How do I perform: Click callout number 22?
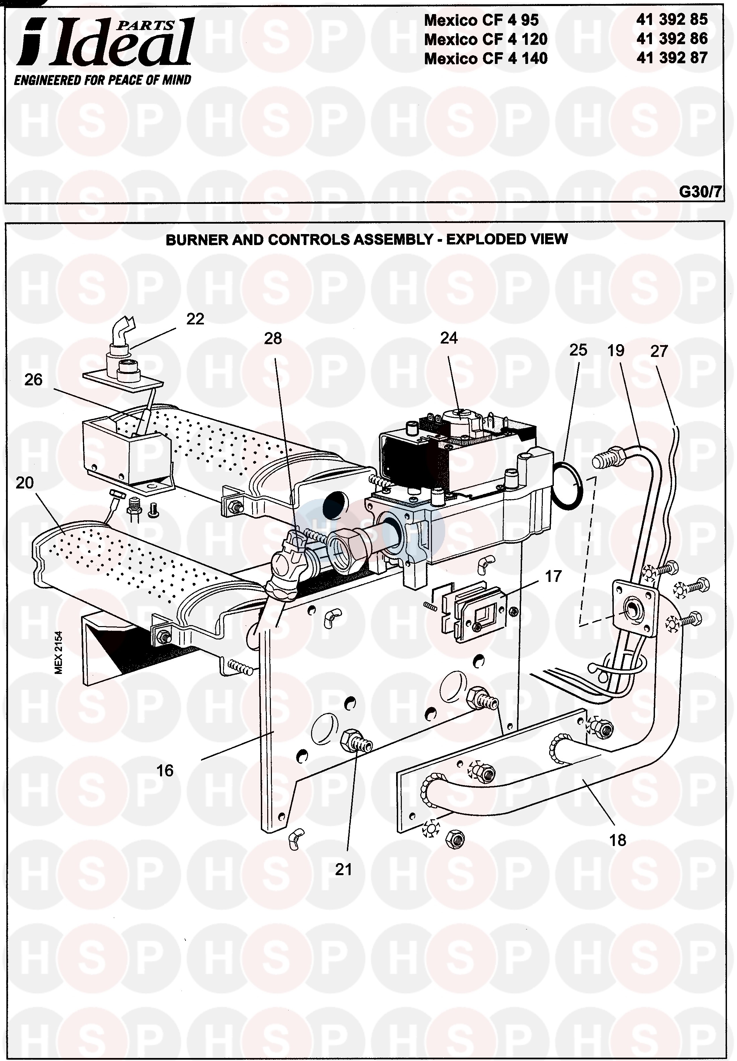[195, 319]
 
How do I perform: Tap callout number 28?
[273, 338]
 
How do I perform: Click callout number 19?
[615, 351]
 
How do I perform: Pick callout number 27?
[659, 351]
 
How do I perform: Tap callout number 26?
[33, 380]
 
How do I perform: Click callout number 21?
[343, 869]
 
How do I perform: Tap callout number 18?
[617, 840]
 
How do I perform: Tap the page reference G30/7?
[699, 192]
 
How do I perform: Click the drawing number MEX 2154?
[59, 653]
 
